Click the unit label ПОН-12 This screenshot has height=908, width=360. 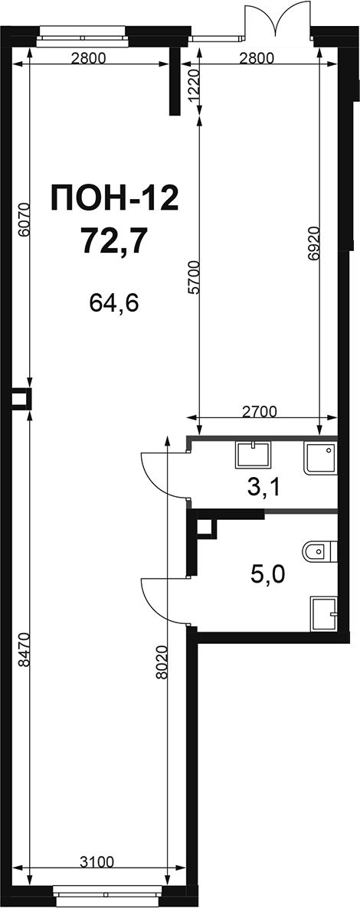113,199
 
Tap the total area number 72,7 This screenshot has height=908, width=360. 113,240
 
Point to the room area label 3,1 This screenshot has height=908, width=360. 263,488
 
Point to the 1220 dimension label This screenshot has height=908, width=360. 195,87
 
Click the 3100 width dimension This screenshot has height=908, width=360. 94,861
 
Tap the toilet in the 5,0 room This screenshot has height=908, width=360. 319,553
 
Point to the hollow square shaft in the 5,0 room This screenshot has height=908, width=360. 206,527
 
